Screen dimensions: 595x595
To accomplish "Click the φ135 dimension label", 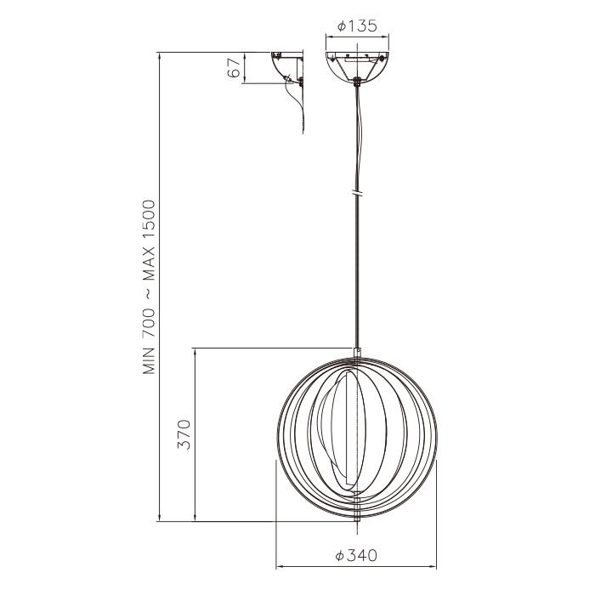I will [357, 26].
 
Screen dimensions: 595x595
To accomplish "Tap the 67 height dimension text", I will [234, 69].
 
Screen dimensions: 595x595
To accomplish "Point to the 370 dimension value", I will [184, 434].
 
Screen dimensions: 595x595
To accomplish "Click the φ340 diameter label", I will [356, 555].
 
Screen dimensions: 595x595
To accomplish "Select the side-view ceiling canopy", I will [286, 65].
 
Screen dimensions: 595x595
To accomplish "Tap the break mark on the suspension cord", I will [358, 193].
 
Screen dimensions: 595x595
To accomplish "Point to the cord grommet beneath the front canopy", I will [357, 82].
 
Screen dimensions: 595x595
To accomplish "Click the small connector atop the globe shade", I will [358, 352].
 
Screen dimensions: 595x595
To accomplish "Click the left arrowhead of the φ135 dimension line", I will [329, 37].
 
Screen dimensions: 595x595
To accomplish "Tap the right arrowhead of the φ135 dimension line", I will [386, 37].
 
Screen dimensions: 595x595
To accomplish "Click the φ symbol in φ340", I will [339, 555].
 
